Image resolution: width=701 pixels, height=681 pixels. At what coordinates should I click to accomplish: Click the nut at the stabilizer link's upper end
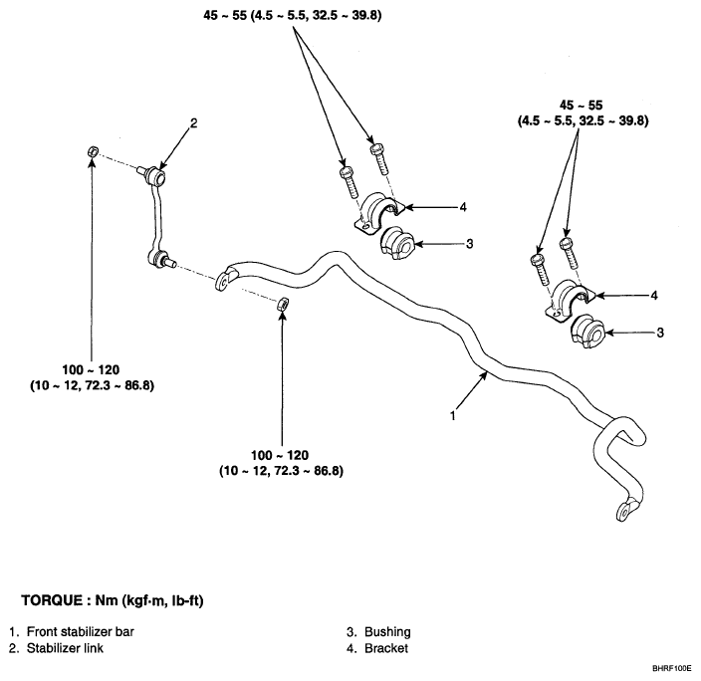click(93, 151)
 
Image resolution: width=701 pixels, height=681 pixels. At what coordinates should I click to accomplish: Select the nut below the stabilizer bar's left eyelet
click(283, 304)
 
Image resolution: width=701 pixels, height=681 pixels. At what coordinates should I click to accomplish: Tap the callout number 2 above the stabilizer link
click(193, 123)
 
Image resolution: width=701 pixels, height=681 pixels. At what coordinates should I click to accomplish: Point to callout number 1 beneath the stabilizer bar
click(453, 415)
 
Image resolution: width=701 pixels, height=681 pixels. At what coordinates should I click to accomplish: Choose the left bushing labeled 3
click(397, 244)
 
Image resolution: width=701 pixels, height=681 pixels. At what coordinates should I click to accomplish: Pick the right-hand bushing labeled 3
click(587, 332)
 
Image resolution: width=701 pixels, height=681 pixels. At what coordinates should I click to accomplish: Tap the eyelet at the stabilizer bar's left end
click(222, 282)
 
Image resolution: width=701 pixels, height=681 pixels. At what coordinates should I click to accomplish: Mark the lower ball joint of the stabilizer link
click(159, 259)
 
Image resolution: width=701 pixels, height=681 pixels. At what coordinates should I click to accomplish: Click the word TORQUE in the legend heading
click(52, 600)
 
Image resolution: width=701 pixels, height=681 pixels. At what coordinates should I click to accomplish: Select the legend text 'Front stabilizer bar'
click(81, 631)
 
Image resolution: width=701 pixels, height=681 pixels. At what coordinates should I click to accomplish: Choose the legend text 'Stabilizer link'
click(66, 648)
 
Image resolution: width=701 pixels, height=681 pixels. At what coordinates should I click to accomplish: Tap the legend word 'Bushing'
click(387, 632)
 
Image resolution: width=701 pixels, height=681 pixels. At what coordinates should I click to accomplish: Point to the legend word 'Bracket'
click(386, 648)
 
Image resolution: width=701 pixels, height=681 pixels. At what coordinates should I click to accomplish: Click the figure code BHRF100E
click(671, 669)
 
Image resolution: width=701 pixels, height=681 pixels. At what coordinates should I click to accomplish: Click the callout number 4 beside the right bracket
click(654, 295)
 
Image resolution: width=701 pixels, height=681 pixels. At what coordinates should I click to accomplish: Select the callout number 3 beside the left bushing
click(469, 244)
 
